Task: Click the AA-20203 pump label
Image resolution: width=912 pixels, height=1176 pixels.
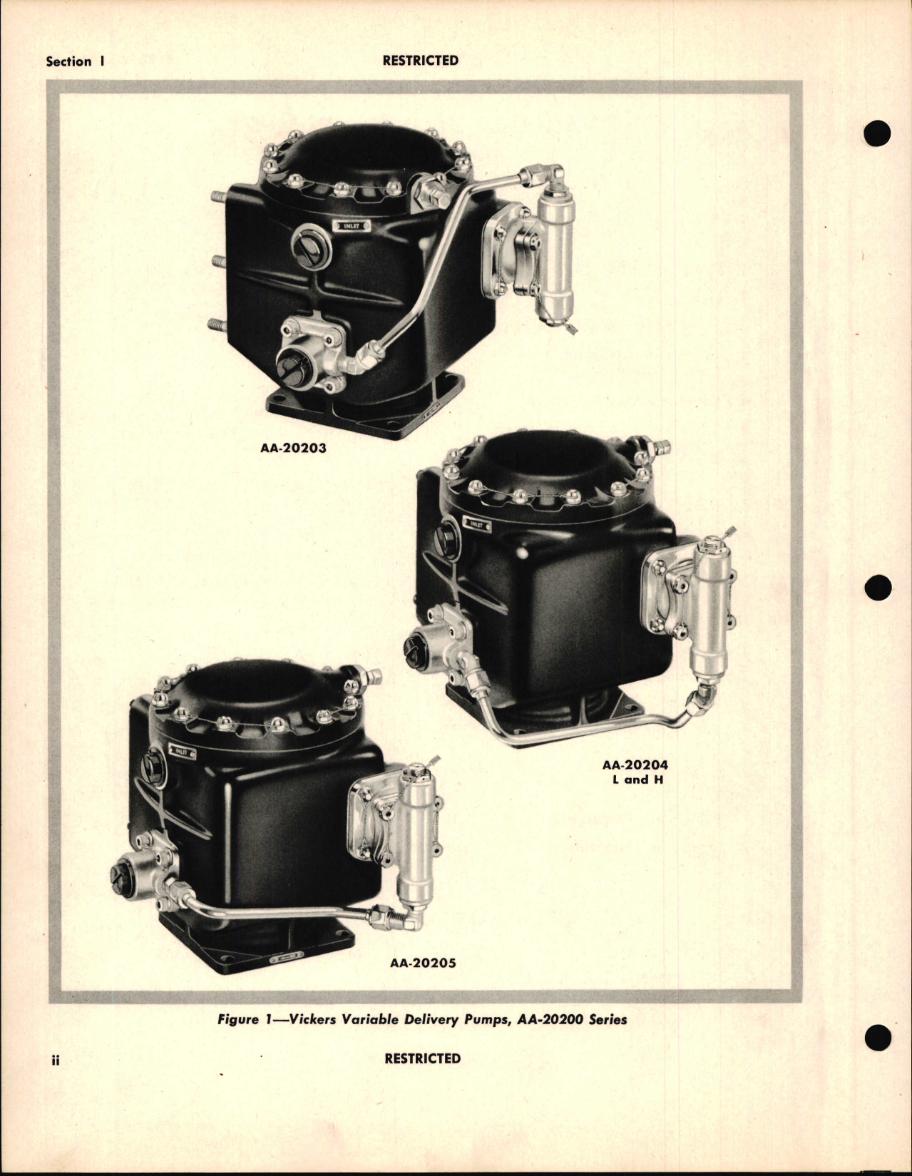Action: pyautogui.click(x=294, y=450)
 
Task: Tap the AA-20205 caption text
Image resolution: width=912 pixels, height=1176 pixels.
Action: pyautogui.click(x=423, y=963)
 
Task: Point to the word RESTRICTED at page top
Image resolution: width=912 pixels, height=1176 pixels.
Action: pyautogui.click(x=420, y=61)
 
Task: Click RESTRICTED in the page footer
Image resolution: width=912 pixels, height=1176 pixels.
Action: pyautogui.click(x=422, y=1058)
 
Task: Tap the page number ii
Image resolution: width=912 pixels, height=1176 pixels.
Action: pyautogui.click(x=54, y=1060)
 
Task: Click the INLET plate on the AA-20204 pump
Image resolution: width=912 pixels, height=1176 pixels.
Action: pyautogui.click(x=476, y=525)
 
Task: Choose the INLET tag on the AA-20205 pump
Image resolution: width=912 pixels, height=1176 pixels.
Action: pyautogui.click(x=183, y=751)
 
